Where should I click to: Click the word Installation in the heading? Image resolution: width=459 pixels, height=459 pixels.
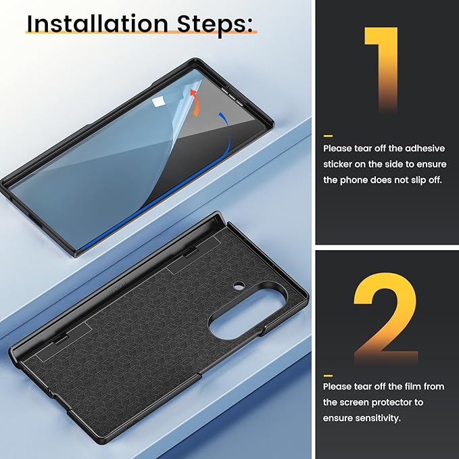(97, 24)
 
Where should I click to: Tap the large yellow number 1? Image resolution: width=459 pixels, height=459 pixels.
(381, 70)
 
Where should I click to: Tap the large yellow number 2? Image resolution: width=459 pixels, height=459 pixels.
(386, 318)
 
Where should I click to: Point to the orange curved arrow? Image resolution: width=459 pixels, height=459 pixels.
(196, 103)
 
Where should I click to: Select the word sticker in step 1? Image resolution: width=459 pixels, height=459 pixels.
(337, 164)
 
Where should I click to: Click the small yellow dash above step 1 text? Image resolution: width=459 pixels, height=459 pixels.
(328, 136)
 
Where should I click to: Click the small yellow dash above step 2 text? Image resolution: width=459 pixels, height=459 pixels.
(328, 376)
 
